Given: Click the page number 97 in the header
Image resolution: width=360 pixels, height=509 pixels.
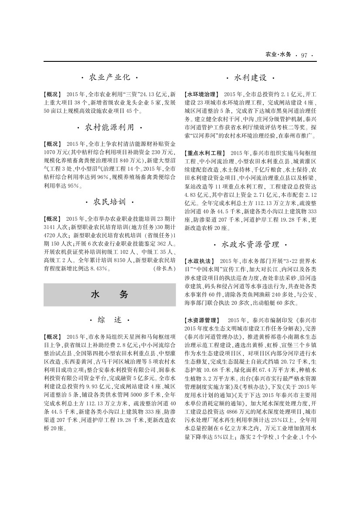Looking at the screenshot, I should [x=304, y=55].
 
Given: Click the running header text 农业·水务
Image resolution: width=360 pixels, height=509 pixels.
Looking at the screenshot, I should [x=278, y=55].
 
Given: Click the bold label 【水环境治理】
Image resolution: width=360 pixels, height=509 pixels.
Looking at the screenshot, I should [x=202, y=94].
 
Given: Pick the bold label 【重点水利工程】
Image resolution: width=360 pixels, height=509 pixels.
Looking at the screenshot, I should [x=205, y=153].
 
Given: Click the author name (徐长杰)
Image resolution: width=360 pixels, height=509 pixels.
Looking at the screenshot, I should [x=164, y=269].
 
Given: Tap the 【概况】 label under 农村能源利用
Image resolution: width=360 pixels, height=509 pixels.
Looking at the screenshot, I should [x=53, y=143].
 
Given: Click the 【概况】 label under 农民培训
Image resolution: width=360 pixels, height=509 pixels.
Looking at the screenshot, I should [x=53, y=218].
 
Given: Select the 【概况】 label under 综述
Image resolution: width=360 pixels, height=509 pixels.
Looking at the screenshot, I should [x=53, y=337].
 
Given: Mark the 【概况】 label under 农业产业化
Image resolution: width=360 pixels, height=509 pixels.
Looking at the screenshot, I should [x=53, y=94].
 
